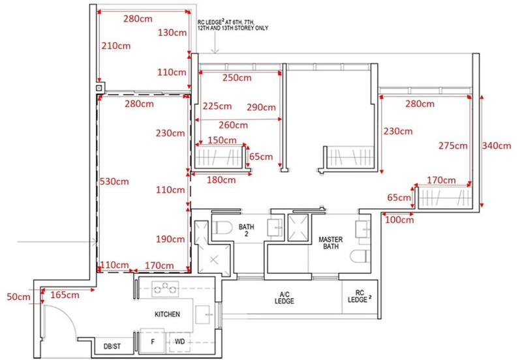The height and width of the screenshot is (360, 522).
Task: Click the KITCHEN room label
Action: tap(167, 314)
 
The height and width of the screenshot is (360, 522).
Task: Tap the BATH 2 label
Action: tap(247, 230)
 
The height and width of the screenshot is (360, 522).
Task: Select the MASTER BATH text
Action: tap(331, 243)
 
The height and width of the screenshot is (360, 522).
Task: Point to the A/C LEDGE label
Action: tap(284, 298)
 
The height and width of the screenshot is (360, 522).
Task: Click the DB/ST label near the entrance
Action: tap(112, 346)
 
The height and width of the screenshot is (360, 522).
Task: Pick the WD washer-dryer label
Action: tap(180, 341)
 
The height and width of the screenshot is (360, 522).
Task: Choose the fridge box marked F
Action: tap(153, 341)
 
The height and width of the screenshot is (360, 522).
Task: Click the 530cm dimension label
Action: tap(114, 181)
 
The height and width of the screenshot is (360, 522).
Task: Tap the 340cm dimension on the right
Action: tap(497, 145)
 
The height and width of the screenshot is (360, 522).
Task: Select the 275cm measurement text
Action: tap(453, 145)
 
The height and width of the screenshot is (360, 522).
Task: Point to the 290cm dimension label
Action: tap(261, 107)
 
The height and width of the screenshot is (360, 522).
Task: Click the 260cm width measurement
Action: tap(233, 125)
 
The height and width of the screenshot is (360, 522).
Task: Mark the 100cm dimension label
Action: tap(399, 220)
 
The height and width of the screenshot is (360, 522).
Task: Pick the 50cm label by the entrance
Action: tap(18, 297)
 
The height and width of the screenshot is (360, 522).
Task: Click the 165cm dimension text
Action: tap(65, 295)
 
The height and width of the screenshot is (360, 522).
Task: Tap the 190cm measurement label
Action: tap(170, 239)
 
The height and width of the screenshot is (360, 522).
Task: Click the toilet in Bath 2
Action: tap(222, 228)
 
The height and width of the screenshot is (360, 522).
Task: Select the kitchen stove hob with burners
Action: tap(165, 289)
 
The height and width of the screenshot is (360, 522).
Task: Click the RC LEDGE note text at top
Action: tap(233, 25)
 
